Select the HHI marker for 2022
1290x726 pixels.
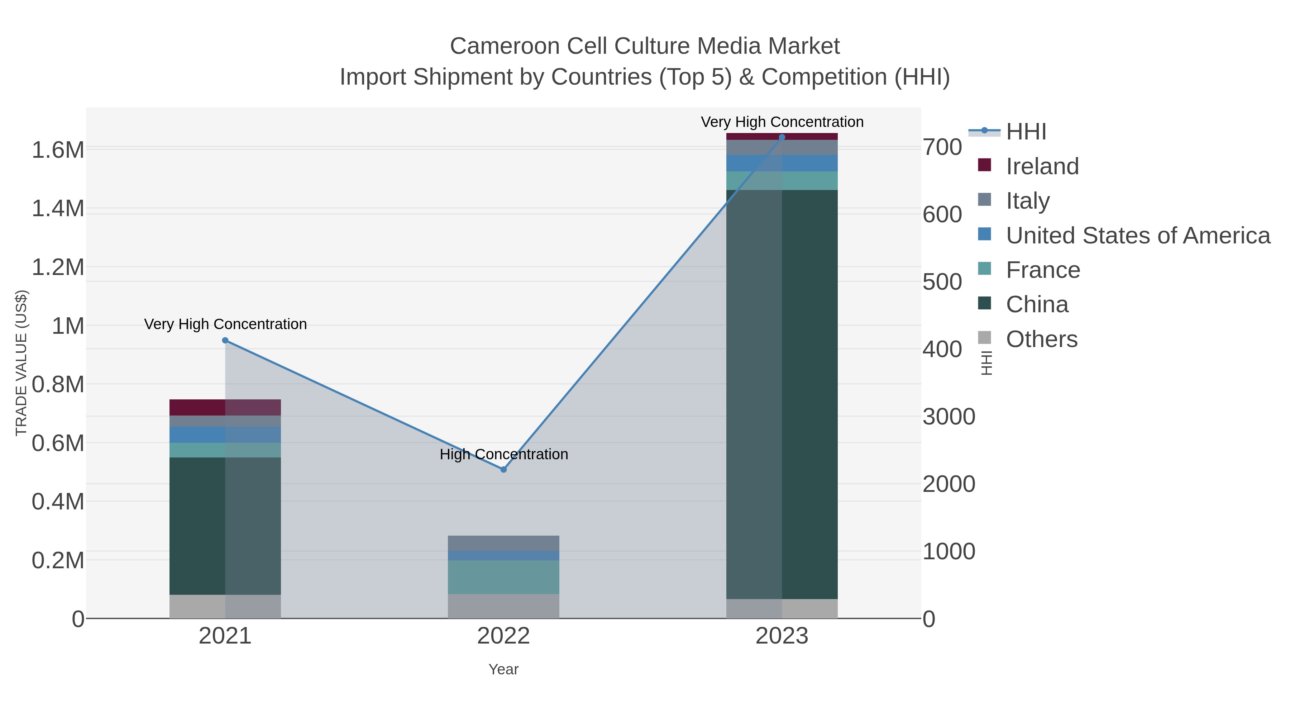(x=503, y=469)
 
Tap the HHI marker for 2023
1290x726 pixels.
(x=782, y=137)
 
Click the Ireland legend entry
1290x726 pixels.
(x=1042, y=166)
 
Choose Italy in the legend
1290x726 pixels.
(x=1028, y=201)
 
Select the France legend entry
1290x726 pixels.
(x=1043, y=270)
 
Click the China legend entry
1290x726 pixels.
(x=1037, y=305)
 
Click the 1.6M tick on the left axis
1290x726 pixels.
(x=58, y=150)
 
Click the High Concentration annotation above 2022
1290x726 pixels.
(x=504, y=455)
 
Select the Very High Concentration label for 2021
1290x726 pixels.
(x=225, y=324)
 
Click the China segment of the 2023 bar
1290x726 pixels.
(x=782, y=394)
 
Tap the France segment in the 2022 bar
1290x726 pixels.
(x=503, y=577)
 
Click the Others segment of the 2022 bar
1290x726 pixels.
(x=503, y=606)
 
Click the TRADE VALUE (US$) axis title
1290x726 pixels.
(x=21, y=363)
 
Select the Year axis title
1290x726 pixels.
(x=503, y=669)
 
